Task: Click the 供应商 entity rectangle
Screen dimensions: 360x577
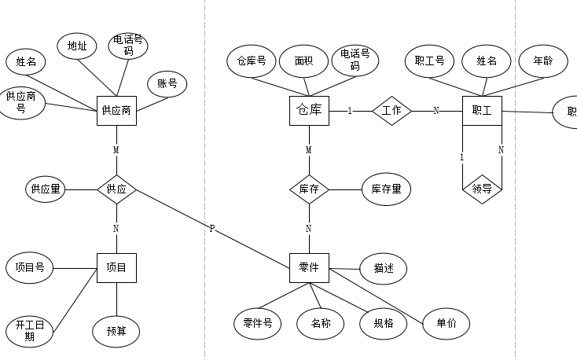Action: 116,111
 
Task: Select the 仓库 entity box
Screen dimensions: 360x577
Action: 309,111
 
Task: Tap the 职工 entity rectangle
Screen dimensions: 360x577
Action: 482,111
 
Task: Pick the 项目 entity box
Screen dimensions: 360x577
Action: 116,268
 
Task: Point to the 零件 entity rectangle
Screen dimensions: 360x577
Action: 309,268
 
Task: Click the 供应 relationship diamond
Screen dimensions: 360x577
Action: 116,189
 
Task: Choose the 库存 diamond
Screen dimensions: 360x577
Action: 309,189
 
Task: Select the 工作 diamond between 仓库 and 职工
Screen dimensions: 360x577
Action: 391,111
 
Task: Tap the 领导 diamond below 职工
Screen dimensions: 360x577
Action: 482,189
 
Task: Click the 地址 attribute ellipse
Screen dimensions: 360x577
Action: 77,46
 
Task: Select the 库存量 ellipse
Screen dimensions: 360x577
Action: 386,189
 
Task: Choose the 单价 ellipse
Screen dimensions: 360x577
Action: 446,322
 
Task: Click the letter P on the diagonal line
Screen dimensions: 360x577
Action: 211,229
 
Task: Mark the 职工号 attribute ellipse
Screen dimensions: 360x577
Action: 429,61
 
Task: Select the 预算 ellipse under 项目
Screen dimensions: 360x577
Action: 116,331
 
